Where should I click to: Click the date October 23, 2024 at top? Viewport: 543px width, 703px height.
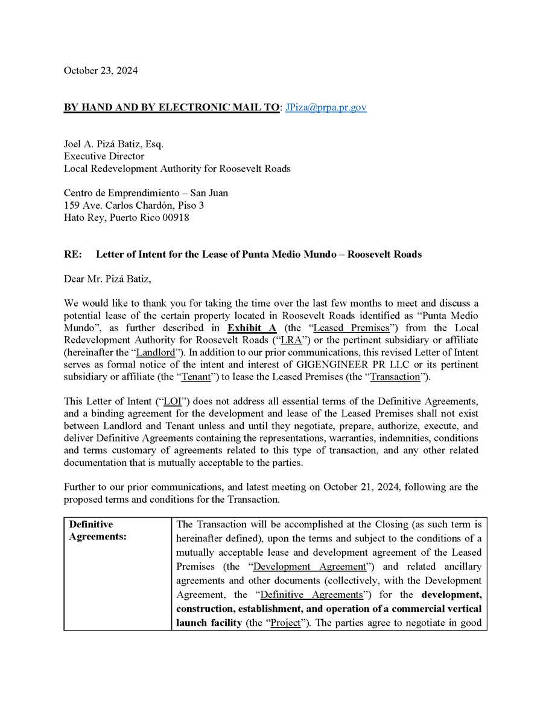(x=101, y=71)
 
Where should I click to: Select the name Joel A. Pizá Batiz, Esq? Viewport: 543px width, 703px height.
(x=113, y=144)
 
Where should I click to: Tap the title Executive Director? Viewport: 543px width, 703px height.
(x=104, y=156)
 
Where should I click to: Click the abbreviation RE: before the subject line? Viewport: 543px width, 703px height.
(x=72, y=254)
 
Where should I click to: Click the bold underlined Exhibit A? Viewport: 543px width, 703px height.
(x=252, y=328)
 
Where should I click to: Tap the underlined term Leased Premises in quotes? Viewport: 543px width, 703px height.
(x=341, y=328)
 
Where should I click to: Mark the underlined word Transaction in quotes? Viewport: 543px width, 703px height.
(x=395, y=377)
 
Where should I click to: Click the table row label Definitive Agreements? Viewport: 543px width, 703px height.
(x=98, y=531)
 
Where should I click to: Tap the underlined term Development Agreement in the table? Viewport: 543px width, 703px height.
(x=310, y=567)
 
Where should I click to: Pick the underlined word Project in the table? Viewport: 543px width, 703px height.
(x=285, y=623)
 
